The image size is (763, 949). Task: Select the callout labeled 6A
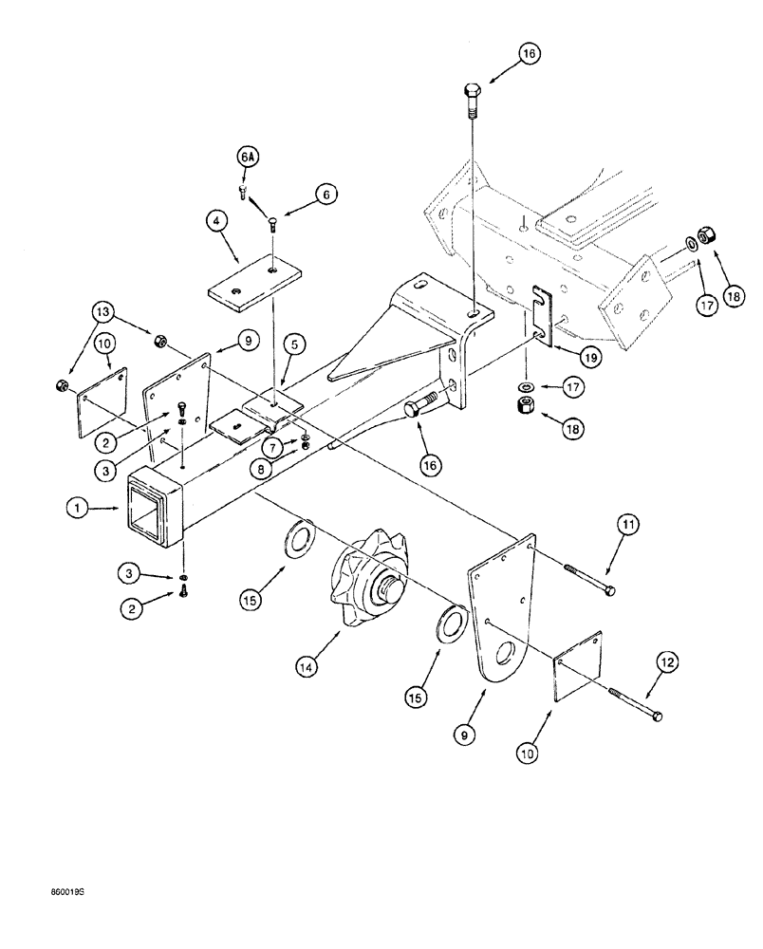246,156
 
